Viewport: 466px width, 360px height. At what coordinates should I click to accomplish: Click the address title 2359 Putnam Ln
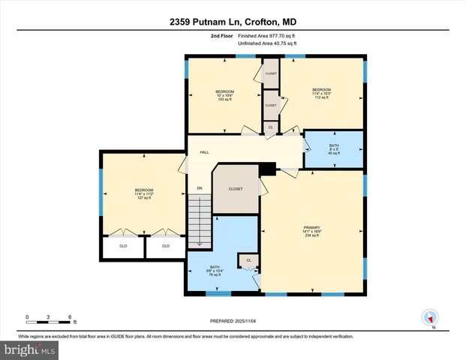pos(233,22)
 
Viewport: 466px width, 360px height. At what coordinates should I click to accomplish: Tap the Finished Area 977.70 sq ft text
pos(266,35)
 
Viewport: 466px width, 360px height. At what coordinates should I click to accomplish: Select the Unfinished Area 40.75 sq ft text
pos(266,44)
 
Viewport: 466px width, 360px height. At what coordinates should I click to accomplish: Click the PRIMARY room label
pos(311,229)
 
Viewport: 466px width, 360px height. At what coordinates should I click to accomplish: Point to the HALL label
pos(204,152)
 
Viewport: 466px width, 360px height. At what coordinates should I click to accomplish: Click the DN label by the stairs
pos(200,187)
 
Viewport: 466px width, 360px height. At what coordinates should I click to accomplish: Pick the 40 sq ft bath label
pos(334,149)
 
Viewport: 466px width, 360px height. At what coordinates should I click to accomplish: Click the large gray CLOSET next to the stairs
pos(236,189)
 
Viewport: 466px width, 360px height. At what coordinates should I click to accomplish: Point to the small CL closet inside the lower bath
pos(247,260)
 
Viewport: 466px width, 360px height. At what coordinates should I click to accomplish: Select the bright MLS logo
pos(28,349)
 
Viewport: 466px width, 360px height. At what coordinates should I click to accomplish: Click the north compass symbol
pos(430,318)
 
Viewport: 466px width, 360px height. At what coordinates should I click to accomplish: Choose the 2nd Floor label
pos(221,35)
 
